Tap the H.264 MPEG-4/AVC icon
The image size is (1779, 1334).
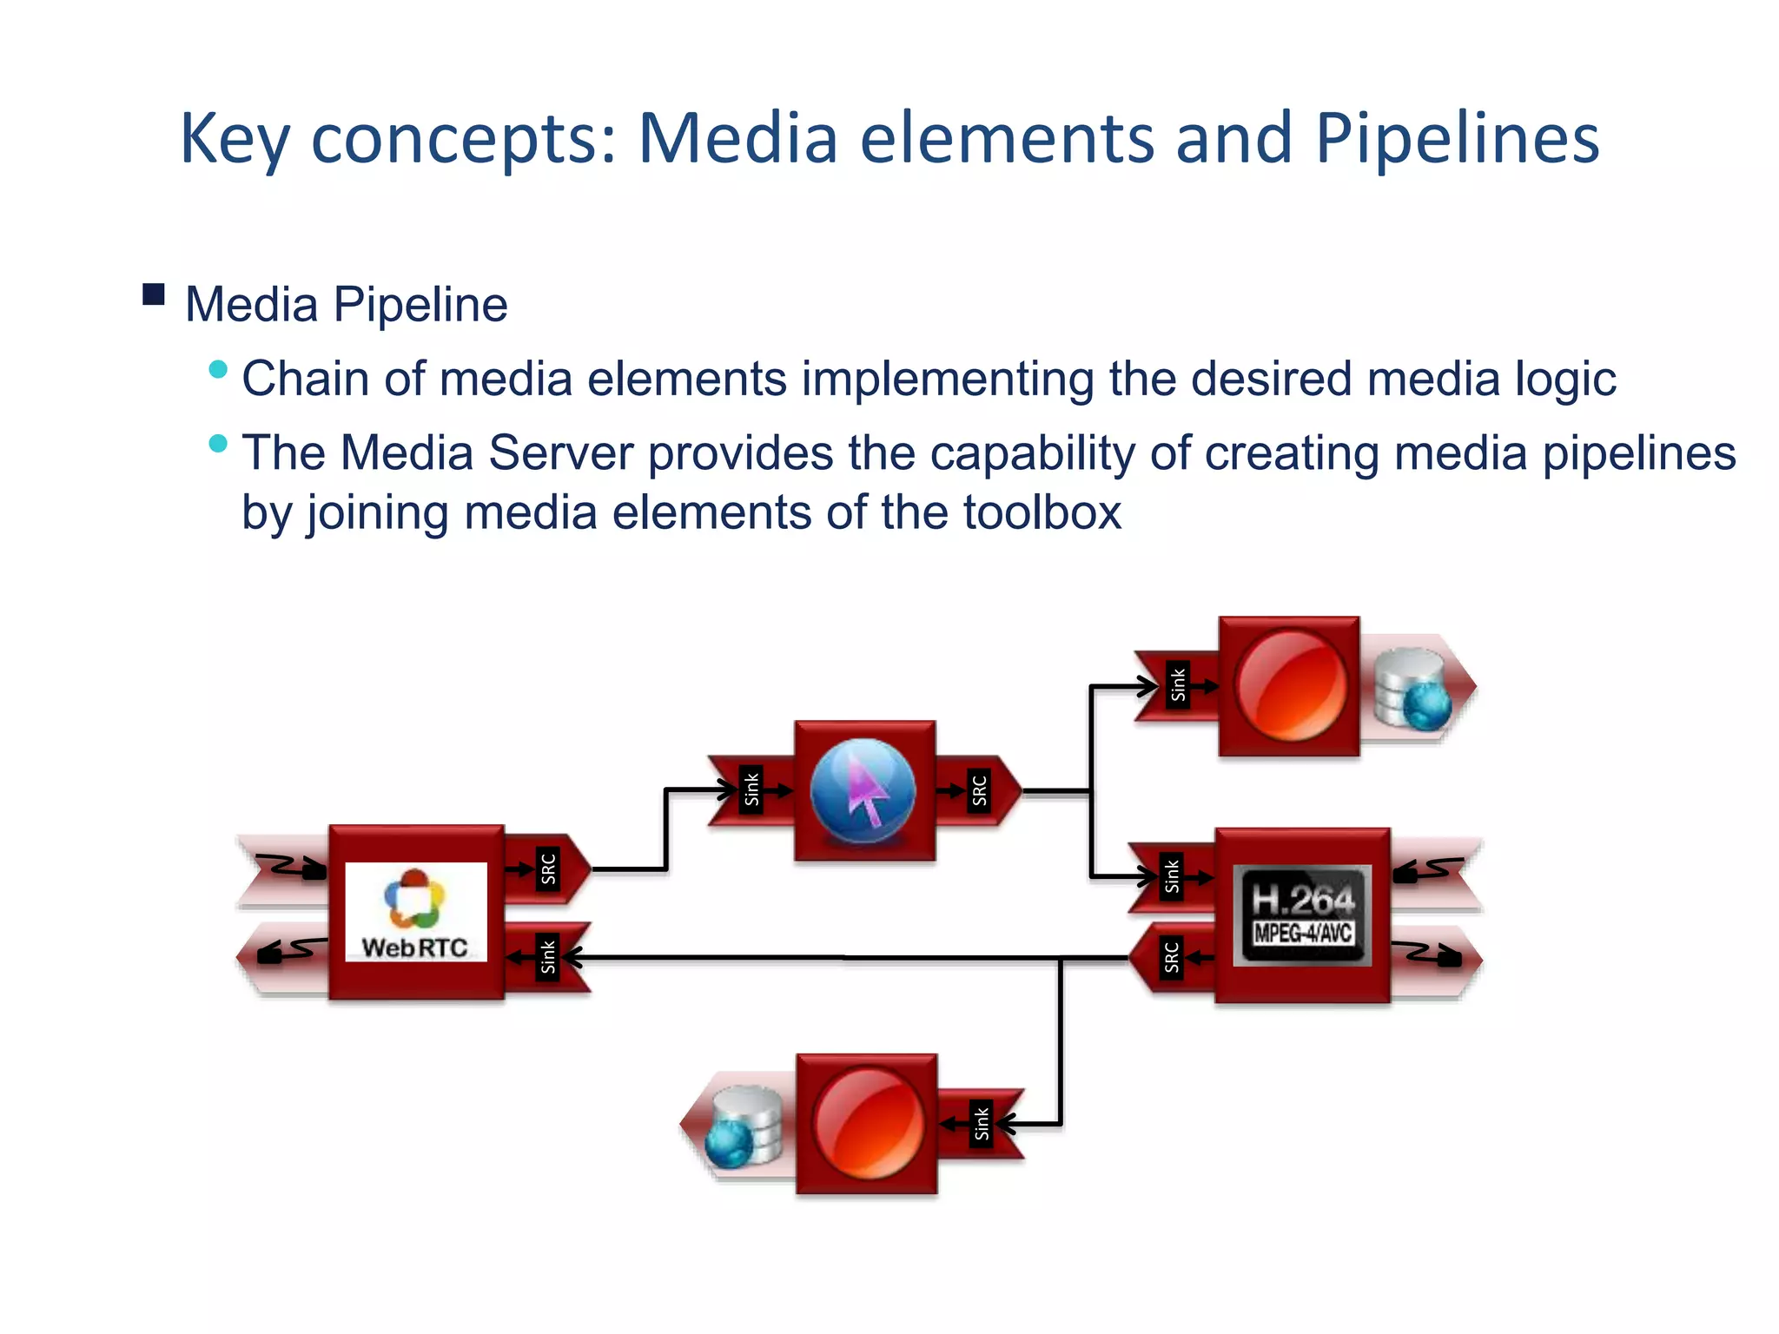click(1302, 915)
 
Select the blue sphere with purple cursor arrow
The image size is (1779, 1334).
click(863, 791)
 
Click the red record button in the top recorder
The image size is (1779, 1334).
click(1290, 685)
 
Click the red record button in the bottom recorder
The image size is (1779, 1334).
click(868, 1123)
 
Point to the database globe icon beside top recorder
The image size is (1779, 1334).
click(1412, 689)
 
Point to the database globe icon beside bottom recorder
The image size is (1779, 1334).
click(744, 1126)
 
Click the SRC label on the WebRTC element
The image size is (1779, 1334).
click(548, 868)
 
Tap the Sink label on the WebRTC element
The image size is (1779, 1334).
click(548, 956)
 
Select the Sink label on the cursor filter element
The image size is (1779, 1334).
click(752, 789)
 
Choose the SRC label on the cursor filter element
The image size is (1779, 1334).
click(980, 790)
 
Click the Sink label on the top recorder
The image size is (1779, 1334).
click(1178, 684)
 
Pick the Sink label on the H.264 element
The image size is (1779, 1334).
click(1172, 876)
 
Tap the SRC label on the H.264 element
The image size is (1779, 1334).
click(1172, 957)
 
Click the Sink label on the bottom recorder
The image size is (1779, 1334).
click(981, 1124)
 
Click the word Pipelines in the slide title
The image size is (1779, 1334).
click(1457, 139)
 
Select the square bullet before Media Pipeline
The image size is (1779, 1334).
click(154, 295)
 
